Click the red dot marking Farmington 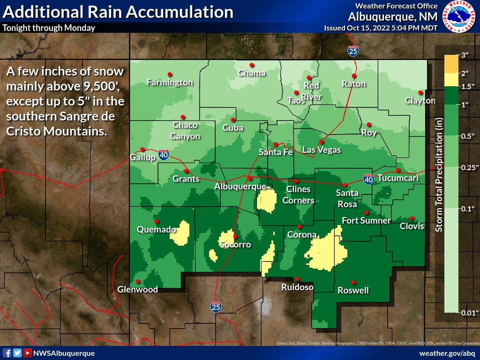tap(170, 74)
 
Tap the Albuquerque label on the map tap(240, 187)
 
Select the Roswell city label tap(353, 291)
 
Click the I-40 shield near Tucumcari tap(368, 179)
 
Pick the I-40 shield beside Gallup tap(163, 156)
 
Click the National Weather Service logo tap(459, 16)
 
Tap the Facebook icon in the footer tap(7, 353)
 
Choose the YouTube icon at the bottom tap(28, 353)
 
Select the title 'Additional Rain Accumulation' tap(118, 12)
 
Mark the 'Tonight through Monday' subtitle tap(49, 28)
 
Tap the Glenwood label tap(138, 290)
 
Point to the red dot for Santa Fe tap(276, 144)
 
